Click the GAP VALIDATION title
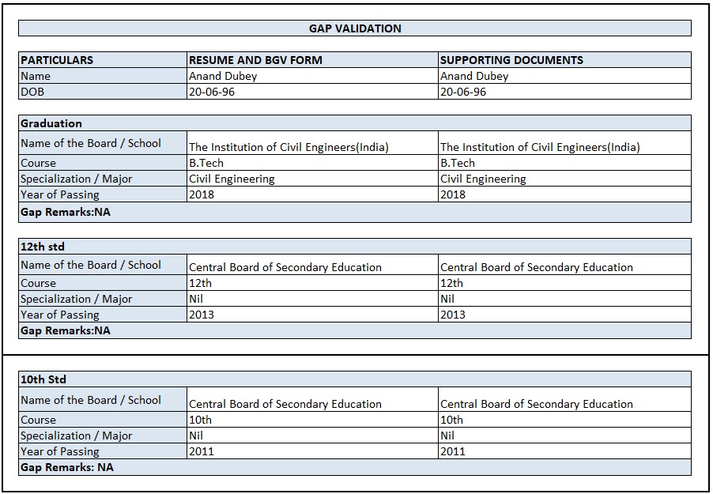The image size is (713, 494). coord(355,28)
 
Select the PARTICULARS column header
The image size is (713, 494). coord(57,60)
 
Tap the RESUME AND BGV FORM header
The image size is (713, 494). coord(255,60)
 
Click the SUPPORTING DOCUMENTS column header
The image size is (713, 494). coord(511,60)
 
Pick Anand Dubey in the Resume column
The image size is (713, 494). coord(223,76)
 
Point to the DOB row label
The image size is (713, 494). coord(33,92)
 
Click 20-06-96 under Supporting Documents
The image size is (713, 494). coord(463,92)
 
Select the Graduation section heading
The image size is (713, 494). coord(51,123)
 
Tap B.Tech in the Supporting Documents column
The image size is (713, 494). coord(458,163)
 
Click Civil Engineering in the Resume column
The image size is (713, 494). coord(232,179)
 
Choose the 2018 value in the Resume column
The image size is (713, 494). coord(202,194)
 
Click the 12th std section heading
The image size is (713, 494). coord(43,247)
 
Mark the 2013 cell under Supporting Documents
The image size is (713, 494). coord(453,315)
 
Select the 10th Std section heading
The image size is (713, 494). coord(43,379)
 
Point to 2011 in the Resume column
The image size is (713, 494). coord(202,451)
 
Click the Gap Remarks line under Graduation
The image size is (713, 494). coord(66,212)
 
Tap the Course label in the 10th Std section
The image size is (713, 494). coord(39,420)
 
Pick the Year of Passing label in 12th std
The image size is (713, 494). coord(60,315)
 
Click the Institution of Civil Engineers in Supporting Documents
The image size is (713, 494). coord(540,147)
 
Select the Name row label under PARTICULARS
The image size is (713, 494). coord(36,76)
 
